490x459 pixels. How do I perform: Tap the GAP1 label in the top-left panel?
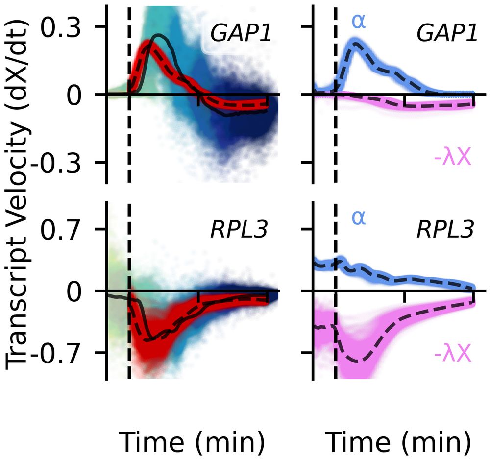239,34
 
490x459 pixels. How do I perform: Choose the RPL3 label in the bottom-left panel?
239,231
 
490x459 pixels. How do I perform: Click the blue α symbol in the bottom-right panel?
358,218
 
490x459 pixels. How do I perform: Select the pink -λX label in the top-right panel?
452,159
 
